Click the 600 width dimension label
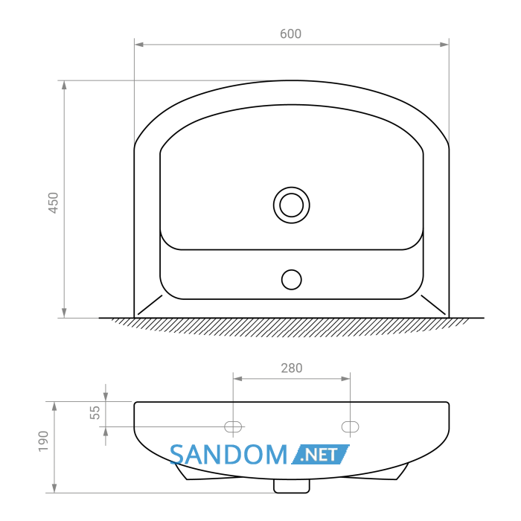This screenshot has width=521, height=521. click(291, 34)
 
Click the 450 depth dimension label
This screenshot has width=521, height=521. click(53, 202)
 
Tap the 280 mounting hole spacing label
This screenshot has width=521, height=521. click(292, 368)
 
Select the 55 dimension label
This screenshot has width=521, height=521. click(95, 412)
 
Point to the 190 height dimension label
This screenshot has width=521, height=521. click(43, 441)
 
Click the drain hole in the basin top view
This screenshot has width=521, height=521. click(292, 205)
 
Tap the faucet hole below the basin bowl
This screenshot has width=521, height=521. click(292, 279)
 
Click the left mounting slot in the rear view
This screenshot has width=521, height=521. click(233, 426)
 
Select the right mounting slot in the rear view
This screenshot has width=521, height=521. click(351, 426)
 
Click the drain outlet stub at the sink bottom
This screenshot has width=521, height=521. click(292, 486)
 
